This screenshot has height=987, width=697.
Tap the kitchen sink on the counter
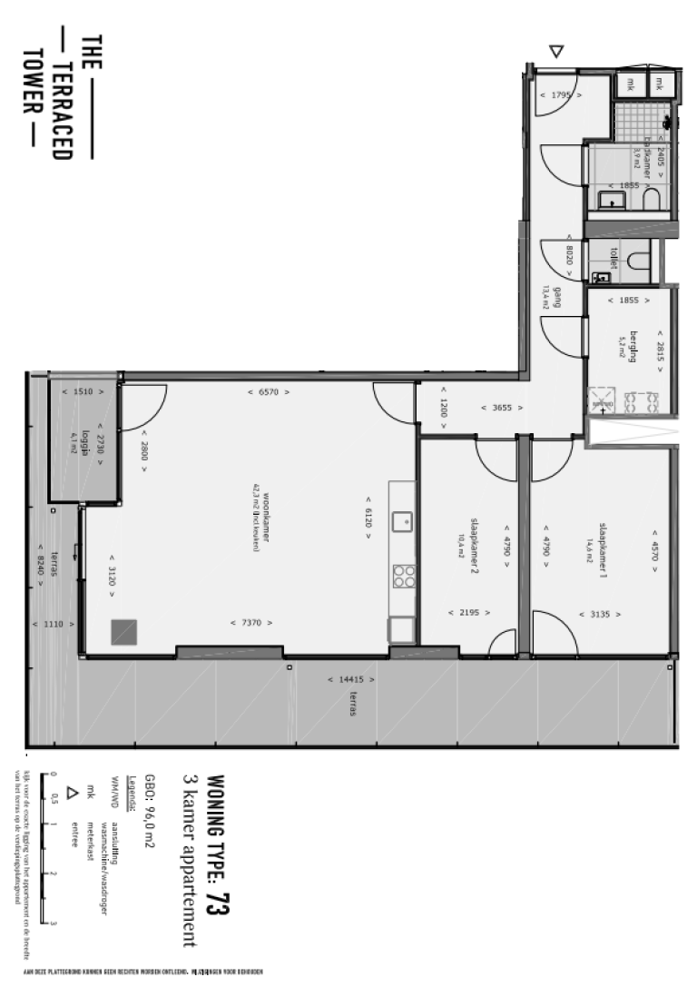[x=402, y=521]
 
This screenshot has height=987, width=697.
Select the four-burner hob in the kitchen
[x=403, y=576]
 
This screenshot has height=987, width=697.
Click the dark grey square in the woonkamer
[x=123, y=631]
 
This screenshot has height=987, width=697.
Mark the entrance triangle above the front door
[x=557, y=53]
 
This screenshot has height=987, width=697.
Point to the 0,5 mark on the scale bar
[x=54, y=799]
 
